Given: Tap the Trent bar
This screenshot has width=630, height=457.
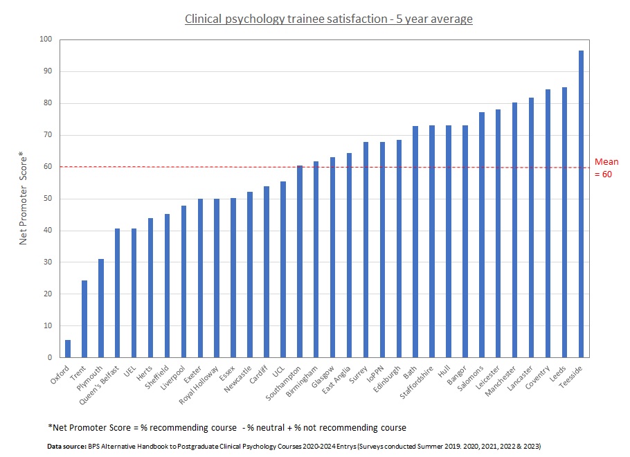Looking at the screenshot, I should click(x=84, y=319).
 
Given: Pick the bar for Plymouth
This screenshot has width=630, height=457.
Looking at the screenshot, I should click(x=101, y=308).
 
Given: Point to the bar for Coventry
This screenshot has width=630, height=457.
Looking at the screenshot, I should click(x=548, y=224).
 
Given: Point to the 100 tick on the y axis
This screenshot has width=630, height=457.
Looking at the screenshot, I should click(x=46, y=39).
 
